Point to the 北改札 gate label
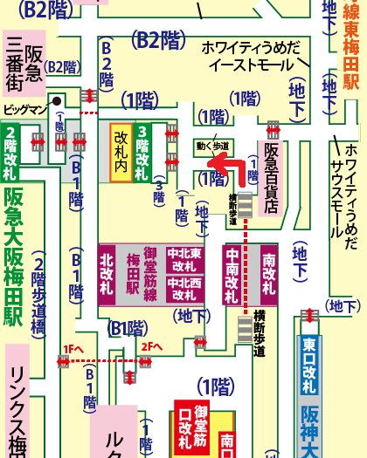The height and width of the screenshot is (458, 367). (107, 271)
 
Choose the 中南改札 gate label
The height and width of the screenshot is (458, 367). (232, 271)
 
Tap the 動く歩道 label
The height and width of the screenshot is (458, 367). (213, 146)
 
